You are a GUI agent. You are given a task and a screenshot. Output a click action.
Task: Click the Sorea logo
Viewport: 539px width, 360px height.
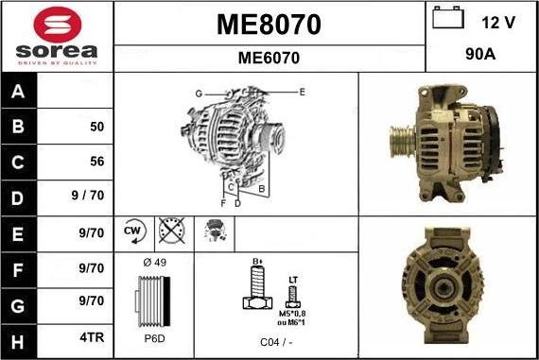(57, 36)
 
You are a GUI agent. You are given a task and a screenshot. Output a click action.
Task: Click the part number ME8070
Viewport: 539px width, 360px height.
(269, 24)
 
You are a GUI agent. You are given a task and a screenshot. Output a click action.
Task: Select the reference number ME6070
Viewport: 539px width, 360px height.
(269, 58)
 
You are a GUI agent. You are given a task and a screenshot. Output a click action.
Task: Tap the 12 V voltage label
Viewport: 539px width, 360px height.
(498, 21)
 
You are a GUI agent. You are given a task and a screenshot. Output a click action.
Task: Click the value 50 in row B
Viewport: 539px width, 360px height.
(96, 127)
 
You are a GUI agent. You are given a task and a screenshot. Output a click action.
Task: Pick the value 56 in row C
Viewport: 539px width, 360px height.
(96, 162)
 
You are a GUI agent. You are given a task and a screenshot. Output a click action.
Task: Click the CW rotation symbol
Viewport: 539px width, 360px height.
(132, 230)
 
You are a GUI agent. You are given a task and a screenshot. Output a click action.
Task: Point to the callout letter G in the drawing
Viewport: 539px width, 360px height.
(199, 94)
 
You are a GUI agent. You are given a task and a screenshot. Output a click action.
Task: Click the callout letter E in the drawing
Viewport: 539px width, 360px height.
(302, 92)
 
